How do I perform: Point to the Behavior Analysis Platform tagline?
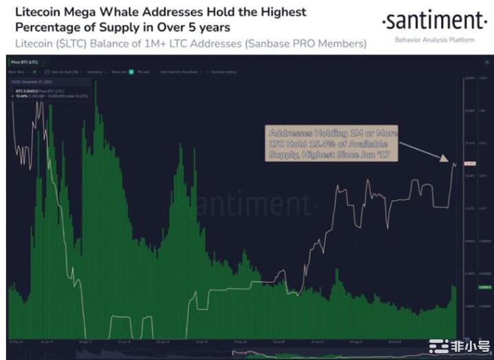pos(434,40)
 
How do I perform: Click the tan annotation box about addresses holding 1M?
pos(333,144)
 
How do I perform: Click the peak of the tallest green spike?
pos(96,83)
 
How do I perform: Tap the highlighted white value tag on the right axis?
pos(471,164)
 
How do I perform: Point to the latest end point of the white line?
pos(455,164)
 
